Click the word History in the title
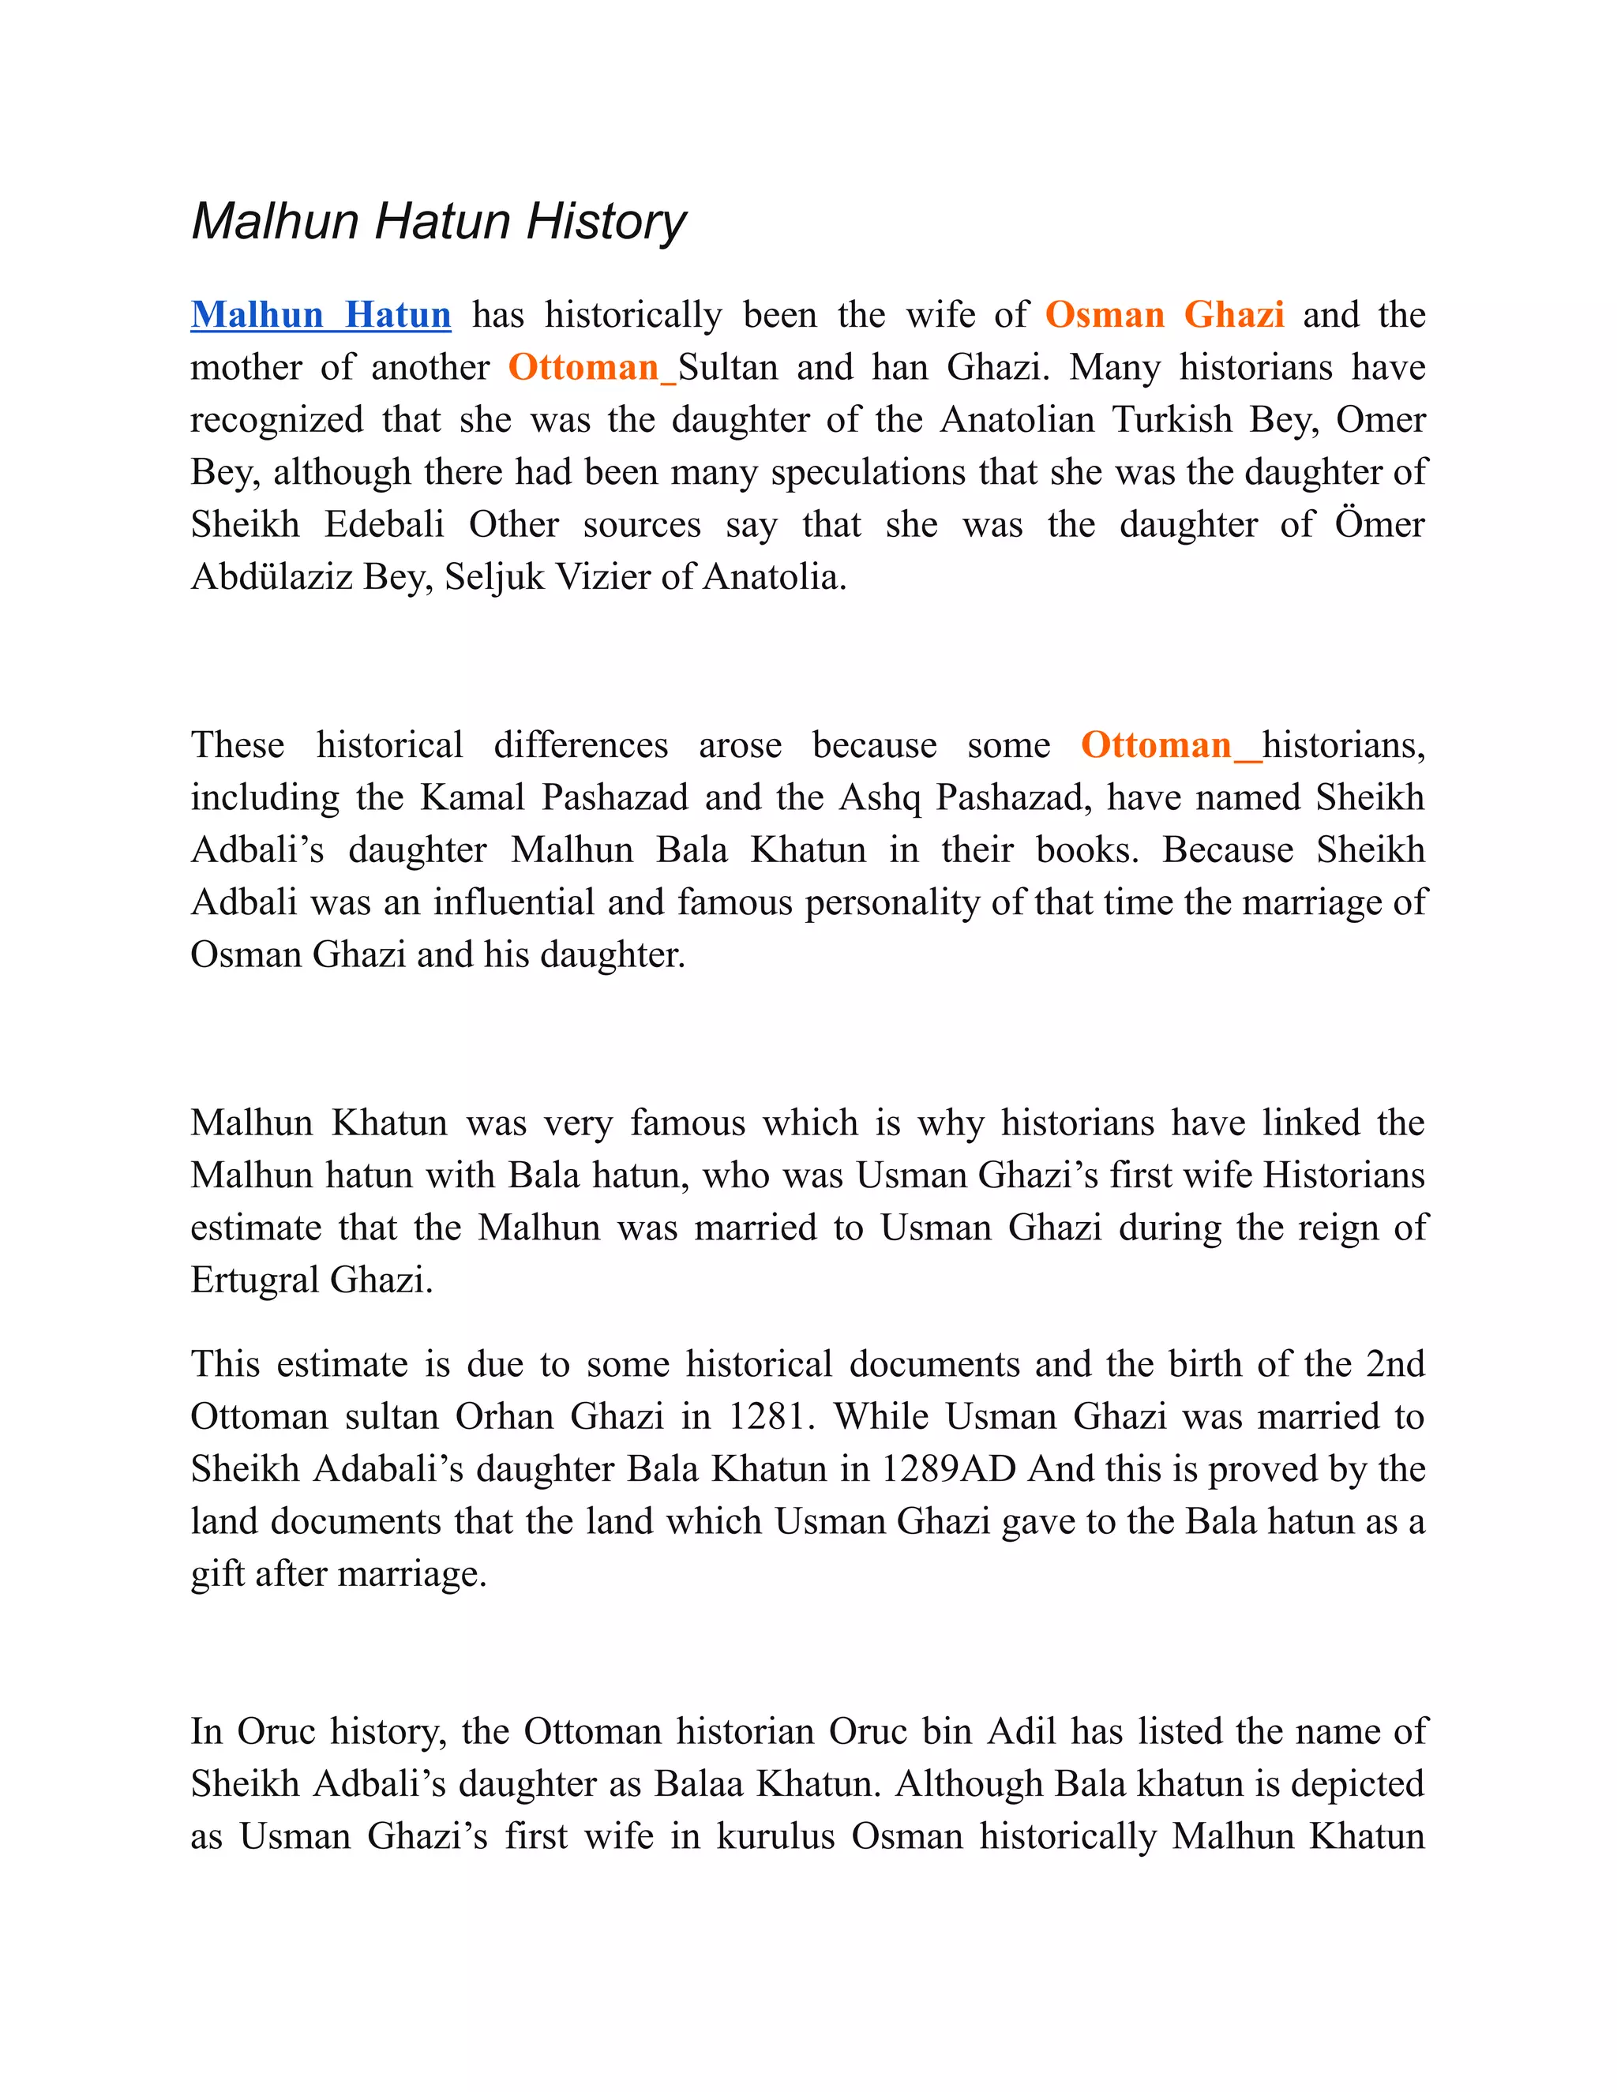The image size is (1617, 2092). coord(606,221)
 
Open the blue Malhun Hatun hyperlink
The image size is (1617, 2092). coord(320,315)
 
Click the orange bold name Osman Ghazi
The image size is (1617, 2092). coord(1164,315)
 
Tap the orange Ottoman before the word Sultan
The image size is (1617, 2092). coord(583,368)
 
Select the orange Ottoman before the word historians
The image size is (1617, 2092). coord(1156,745)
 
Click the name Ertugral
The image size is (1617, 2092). coord(255,1280)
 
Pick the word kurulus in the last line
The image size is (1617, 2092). coord(776,1836)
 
